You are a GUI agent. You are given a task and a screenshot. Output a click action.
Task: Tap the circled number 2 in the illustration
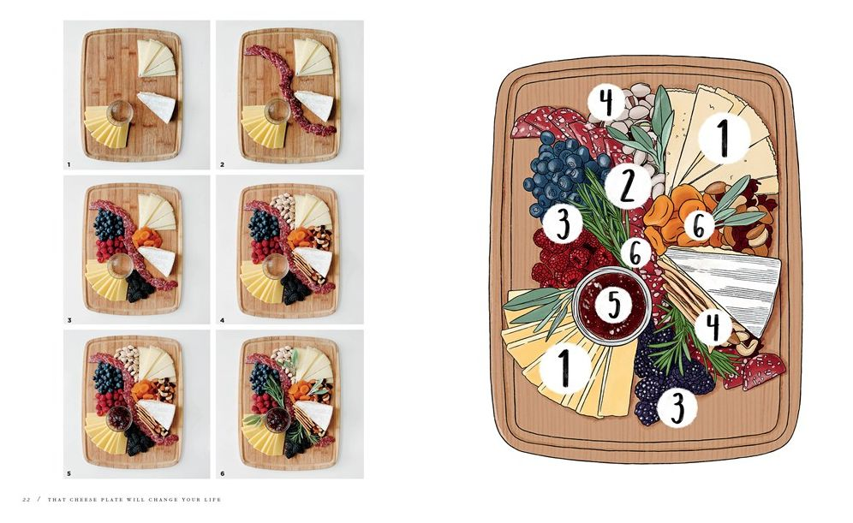click(x=627, y=186)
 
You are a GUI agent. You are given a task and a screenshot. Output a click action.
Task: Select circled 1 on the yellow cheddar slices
click(x=564, y=367)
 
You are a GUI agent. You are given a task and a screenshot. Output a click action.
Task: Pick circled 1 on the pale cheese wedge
click(x=724, y=137)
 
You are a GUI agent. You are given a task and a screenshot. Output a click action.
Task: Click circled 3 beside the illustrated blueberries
click(x=563, y=223)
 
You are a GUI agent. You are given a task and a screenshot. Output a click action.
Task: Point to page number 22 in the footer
click(x=26, y=499)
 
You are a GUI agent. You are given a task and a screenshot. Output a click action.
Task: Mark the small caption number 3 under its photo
click(x=69, y=320)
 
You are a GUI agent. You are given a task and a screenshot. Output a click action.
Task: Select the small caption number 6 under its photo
click(x=222, y=473)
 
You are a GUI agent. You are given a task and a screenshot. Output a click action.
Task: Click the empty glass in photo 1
click(x=119, y=112)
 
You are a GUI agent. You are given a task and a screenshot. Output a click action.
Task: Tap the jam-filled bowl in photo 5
click(x=119, y=418)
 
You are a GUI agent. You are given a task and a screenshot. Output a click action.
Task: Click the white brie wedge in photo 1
click(x=158, y=106)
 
